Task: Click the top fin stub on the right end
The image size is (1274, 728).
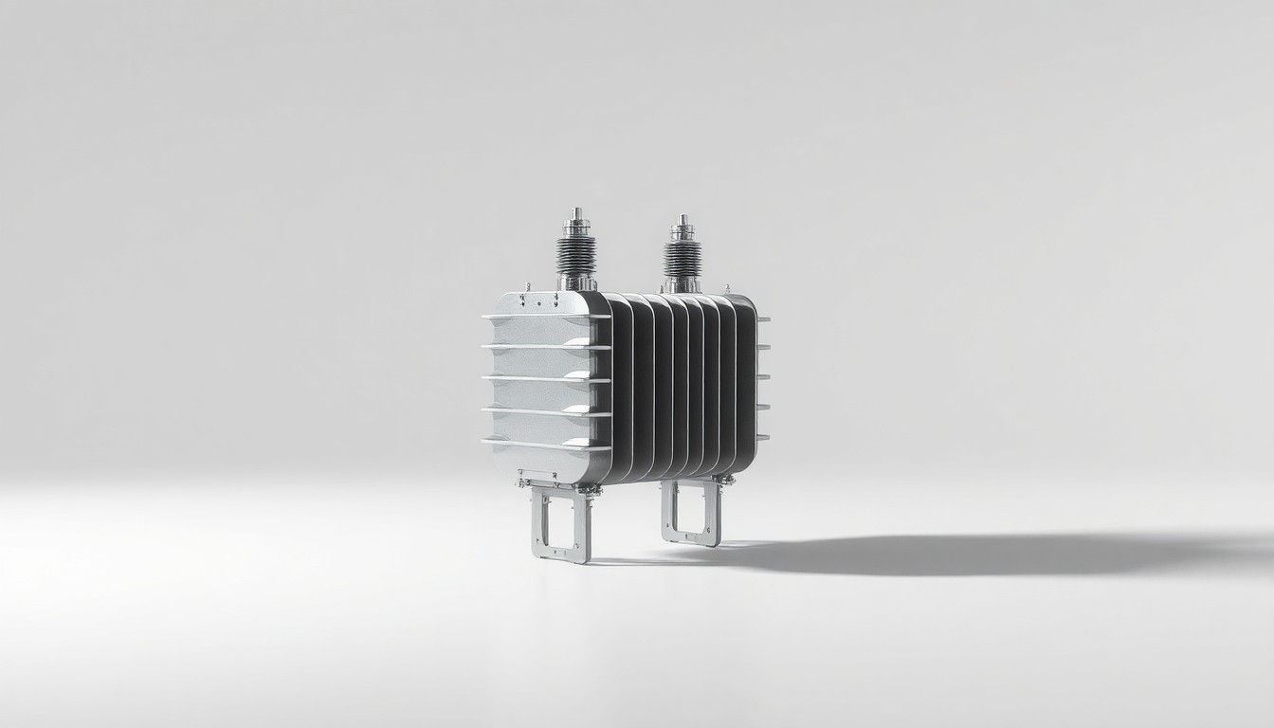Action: click(763, 318)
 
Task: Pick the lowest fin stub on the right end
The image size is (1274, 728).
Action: click(763, 437)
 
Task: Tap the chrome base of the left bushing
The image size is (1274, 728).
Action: click(576, 281)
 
